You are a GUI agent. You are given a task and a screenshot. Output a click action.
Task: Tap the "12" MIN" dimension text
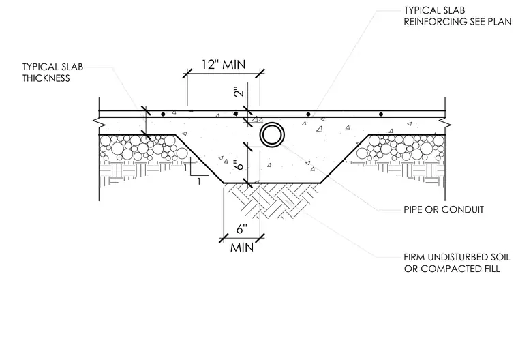[x=224, y=65]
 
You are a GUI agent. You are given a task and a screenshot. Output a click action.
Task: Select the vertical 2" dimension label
[x=239, y=91]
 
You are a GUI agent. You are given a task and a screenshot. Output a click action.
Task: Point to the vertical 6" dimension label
[x=239, y=165]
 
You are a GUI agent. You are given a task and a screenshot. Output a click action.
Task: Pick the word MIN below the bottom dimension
[x=242, y=247]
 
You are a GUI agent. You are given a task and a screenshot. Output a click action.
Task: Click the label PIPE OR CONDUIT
[x=443, y=209]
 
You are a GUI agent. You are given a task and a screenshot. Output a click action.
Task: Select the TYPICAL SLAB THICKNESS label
[x=52, y=73]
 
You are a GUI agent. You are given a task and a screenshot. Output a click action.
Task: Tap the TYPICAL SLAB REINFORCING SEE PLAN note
[x=457, y=16]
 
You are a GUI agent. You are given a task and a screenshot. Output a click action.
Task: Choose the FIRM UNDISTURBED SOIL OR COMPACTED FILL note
[x=457, y=262]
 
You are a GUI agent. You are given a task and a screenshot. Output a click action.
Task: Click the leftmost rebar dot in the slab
[x=163, y=115]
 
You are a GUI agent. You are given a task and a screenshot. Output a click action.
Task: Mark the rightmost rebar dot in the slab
[x=381, y=115]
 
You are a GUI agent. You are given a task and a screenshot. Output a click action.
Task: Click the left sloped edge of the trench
[x=199, y=159]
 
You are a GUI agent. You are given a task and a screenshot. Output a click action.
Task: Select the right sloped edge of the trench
[x=345, y=159]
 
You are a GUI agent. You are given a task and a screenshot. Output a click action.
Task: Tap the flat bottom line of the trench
[x=272, y=183]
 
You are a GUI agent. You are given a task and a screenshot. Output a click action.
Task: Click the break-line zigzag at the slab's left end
[x=99, y=123]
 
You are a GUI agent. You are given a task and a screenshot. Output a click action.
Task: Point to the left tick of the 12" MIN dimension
[x=187, y=74]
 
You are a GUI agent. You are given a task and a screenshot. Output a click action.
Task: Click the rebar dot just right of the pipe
[x=308, y=115]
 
